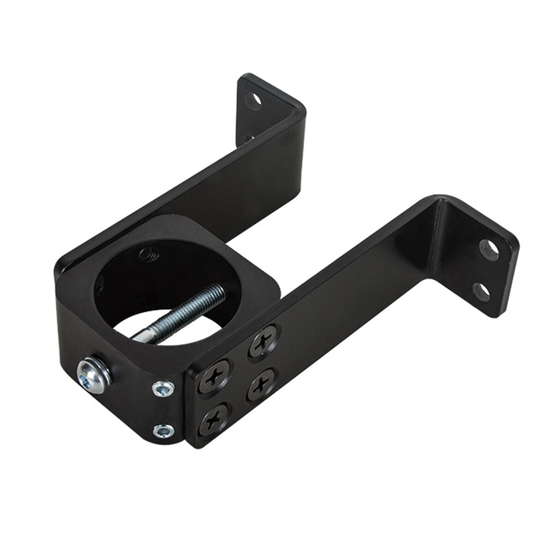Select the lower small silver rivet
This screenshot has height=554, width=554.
[x=163, y=431]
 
